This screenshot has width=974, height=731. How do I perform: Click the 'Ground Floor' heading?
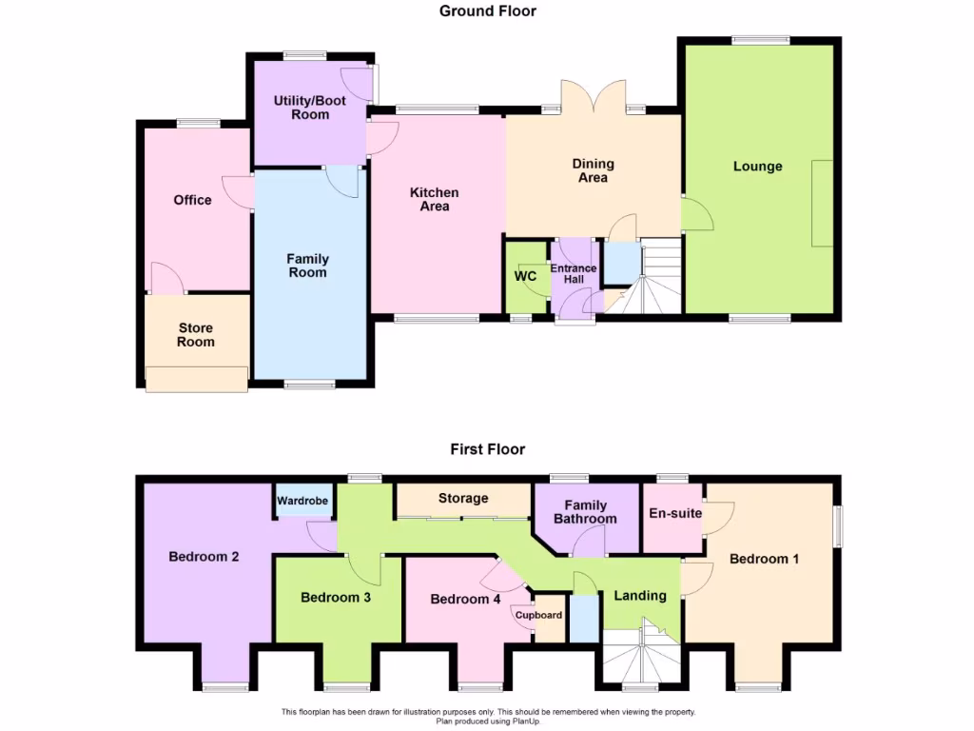(x=488, y=11)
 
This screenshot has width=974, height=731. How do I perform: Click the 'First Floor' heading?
(x=488, y=449)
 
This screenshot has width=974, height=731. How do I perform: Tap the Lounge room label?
(x=757, y=167)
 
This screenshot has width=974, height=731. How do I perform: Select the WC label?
(x=526, y=277)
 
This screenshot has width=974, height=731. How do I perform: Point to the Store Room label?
(x=196, y=335)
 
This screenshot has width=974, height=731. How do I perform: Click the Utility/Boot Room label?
(x=302, y=108)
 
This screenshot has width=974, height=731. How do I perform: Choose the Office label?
(x=192, y=200)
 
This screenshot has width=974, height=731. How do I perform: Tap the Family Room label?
(x=308, y=266)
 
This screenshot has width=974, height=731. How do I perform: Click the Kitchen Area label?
(x=434, y=199)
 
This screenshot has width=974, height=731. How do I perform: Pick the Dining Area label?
(x=593, y=170)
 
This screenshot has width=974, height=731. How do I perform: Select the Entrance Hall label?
(x=574, y=275)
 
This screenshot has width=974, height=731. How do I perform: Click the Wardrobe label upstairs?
(x=302, y=501)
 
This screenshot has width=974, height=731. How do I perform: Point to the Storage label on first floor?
(x=463, y=498)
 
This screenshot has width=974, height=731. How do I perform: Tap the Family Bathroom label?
(x=586, y=512)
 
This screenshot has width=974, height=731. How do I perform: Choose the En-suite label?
(x=675, y=513)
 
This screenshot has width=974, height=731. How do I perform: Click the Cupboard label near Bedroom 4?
(x=539, y=615)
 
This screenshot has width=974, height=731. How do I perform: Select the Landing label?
(x=639, y=596)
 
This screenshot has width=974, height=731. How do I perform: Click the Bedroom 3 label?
(x=335, y=598)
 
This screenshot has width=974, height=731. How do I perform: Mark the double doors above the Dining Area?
(x=593, y=100)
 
